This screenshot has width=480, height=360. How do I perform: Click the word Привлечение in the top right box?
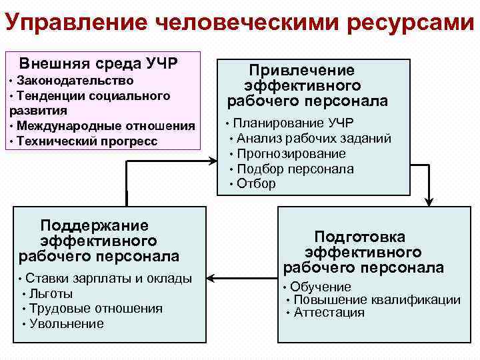pyautogui.click(x=302, y=70)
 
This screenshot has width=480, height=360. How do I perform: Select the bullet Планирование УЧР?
pyautogui.click(x=293, y=123)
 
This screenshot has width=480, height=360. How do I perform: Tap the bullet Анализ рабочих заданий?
pyautogui.click(x=313, y=139)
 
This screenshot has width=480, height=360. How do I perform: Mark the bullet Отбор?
pyautogui.click(x=256, y=184)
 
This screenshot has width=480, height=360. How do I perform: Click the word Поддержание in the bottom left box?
pyautogui.click(x=94, y=225)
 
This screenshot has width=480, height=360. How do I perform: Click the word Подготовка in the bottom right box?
pyautogui.click(x=359, y=237)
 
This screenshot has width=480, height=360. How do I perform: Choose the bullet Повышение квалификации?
pyautogui.click(x=377, y=300)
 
